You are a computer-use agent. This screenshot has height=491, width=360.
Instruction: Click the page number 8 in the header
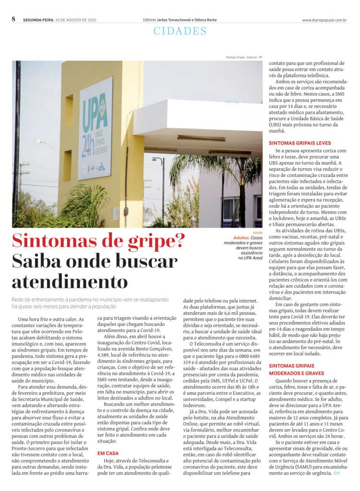click(x=13, y=19)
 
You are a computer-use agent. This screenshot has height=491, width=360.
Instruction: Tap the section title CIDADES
click(x=180, y=31)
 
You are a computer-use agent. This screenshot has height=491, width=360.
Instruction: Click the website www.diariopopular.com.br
click(x=324, y=20)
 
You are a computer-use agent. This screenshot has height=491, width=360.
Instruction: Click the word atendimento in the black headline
click(x=70, y=281)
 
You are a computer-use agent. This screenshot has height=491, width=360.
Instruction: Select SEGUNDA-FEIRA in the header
click(x=37, y=20)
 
